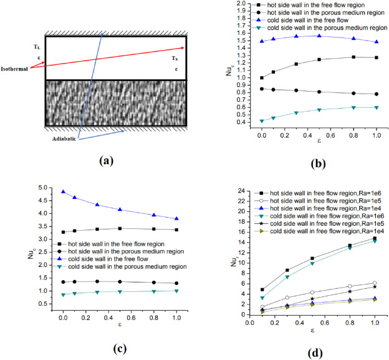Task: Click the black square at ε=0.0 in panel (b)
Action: [262, 78]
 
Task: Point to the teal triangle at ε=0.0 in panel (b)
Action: [262, 121]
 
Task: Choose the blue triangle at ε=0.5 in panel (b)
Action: [319, 36]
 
